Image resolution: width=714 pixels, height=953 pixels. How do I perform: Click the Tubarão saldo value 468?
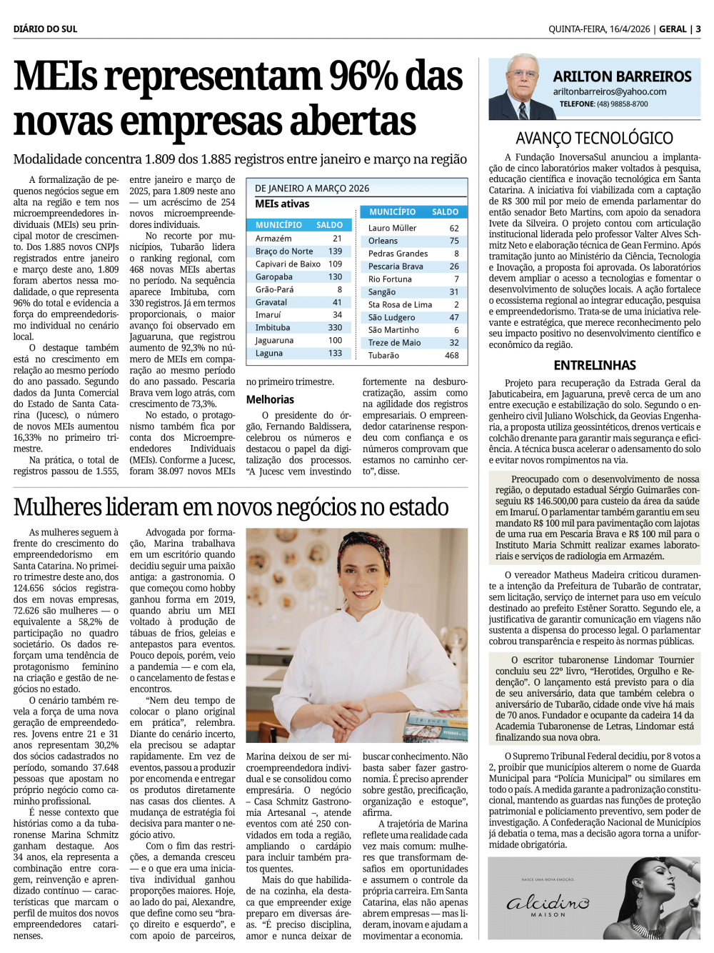[x=451, y=355]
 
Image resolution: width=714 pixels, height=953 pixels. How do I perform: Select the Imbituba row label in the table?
[x=273, y=327]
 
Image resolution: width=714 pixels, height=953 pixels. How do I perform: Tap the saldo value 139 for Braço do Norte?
[x=335, y=251]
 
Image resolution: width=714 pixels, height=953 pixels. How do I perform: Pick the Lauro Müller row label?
[x=392, y=228]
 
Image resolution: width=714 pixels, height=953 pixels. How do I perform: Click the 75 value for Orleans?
[x=454, y=241]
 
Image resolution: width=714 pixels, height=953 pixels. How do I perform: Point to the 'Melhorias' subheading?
[x=270, y=399]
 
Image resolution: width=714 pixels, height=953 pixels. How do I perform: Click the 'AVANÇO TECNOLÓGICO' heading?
[x=594, y=138]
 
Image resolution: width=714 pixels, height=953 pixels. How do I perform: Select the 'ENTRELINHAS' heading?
[x=594, y=365]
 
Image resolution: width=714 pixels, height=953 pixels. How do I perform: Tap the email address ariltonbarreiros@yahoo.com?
[x=609, y=91]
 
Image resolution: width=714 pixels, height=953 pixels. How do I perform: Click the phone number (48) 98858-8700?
[x=623, y=104]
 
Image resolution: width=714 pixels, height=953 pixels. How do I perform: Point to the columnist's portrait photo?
[x=518, y=88]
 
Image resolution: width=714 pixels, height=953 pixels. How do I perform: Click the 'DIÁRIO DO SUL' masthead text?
[x=45, y=29]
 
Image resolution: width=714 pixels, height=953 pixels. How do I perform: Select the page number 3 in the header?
[x=698, y=29]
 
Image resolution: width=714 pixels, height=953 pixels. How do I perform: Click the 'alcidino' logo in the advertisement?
[x=548, y=903]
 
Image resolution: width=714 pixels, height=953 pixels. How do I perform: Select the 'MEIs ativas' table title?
[x=282, y=204]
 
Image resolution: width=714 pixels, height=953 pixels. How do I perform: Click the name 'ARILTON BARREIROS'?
[x=622, y=76]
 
